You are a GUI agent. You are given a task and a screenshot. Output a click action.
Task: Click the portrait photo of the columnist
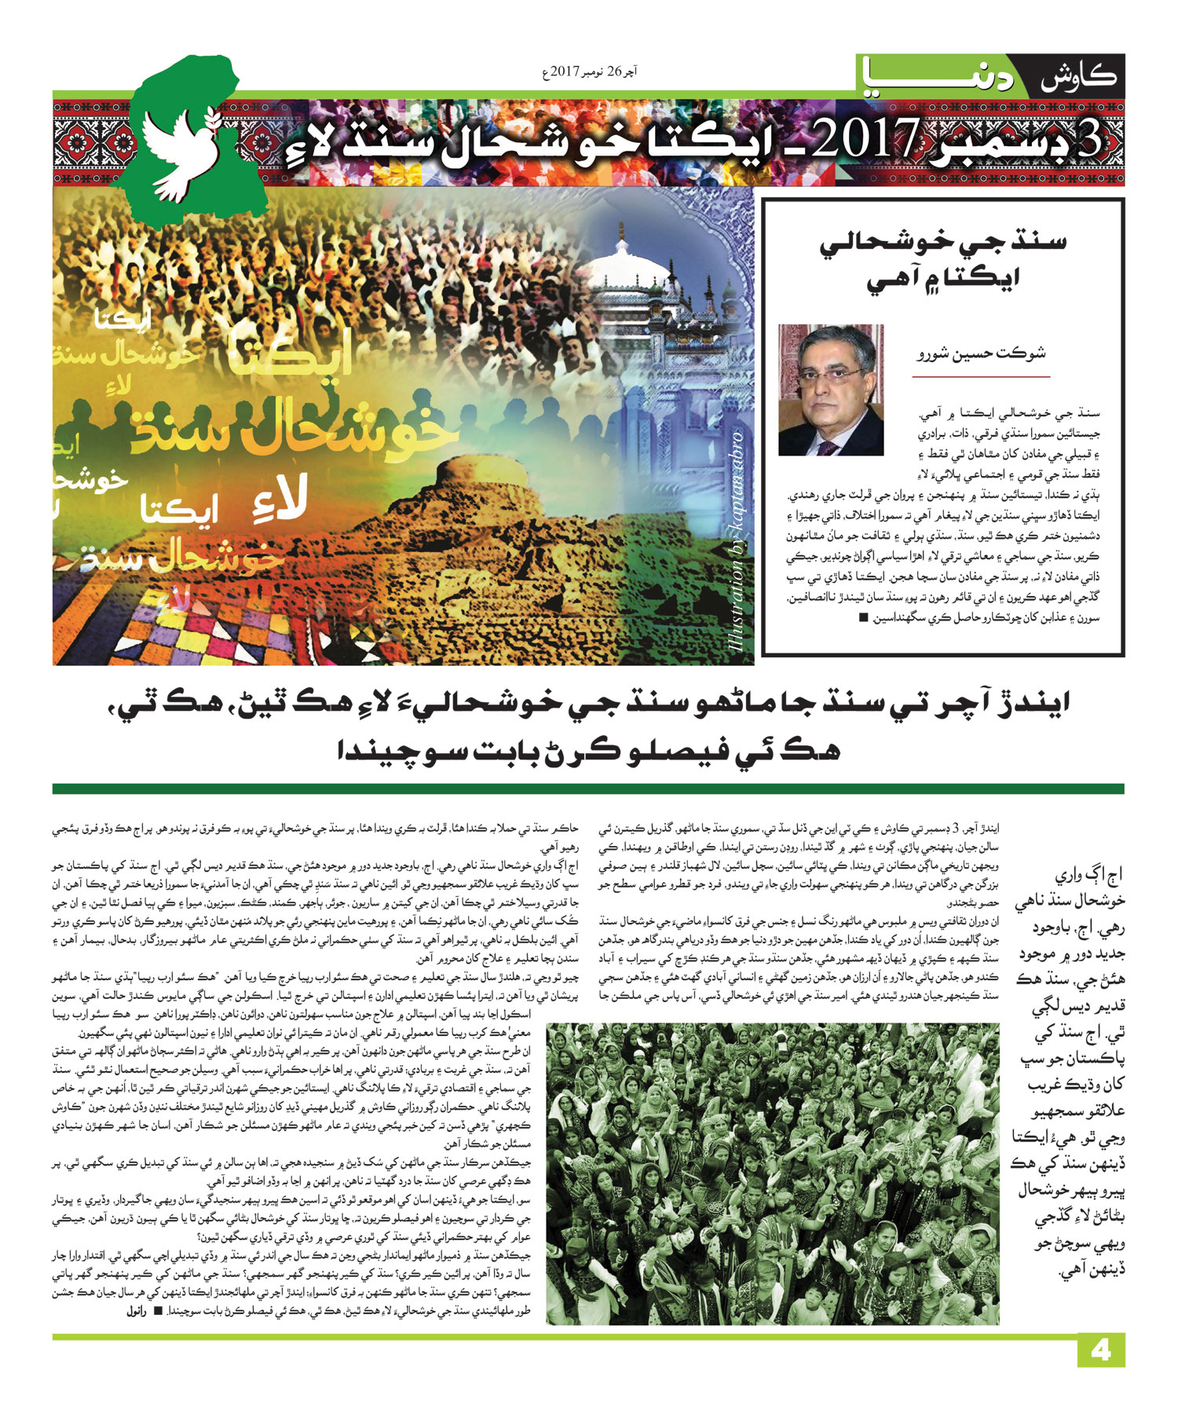[x=831, y=390]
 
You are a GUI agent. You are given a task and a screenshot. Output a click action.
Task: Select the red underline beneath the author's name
[x=980, y=377]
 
